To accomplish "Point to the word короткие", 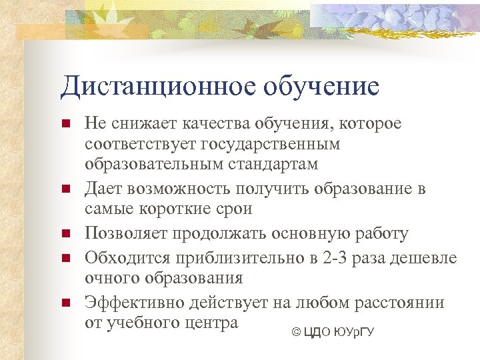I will pos(171,209).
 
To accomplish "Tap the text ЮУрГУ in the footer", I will pos(352,331).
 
